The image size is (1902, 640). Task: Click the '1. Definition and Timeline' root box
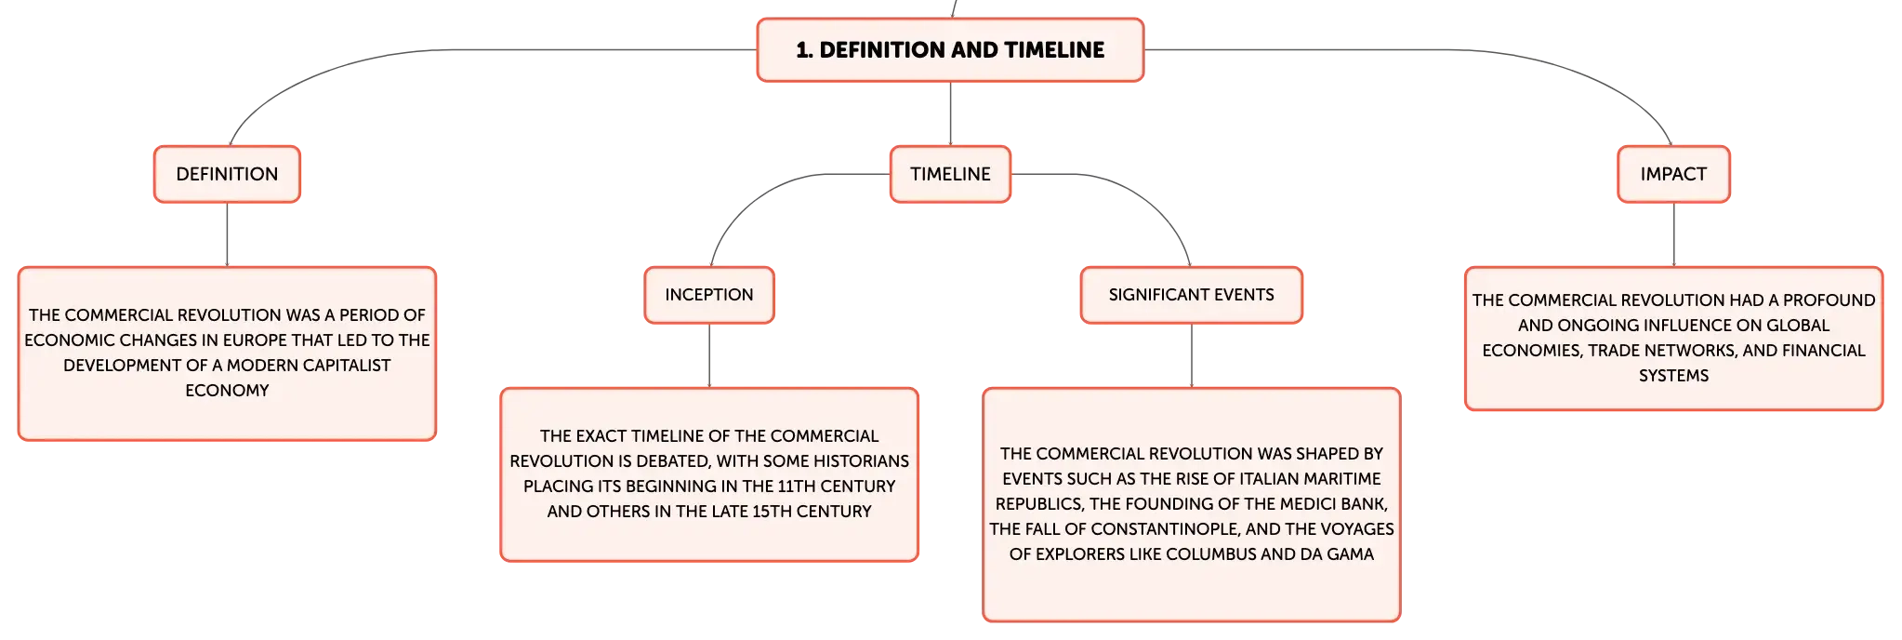pos(950,50)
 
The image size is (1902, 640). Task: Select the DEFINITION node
pos(227,174)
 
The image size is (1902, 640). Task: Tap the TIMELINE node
pos(950,174)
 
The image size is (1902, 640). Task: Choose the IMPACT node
pos(1673,174)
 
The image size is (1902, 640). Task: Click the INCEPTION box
pos(709,295)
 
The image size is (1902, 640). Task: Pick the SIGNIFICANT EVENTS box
pos(1191,295)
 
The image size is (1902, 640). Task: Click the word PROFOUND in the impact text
pos(1829,300)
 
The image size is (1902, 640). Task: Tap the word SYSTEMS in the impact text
pos(1673,376)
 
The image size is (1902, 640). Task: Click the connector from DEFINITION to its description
pos(227,234)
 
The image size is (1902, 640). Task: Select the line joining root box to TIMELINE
pos(950,113)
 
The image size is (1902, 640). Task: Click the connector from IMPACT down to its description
pos(1673,234)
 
